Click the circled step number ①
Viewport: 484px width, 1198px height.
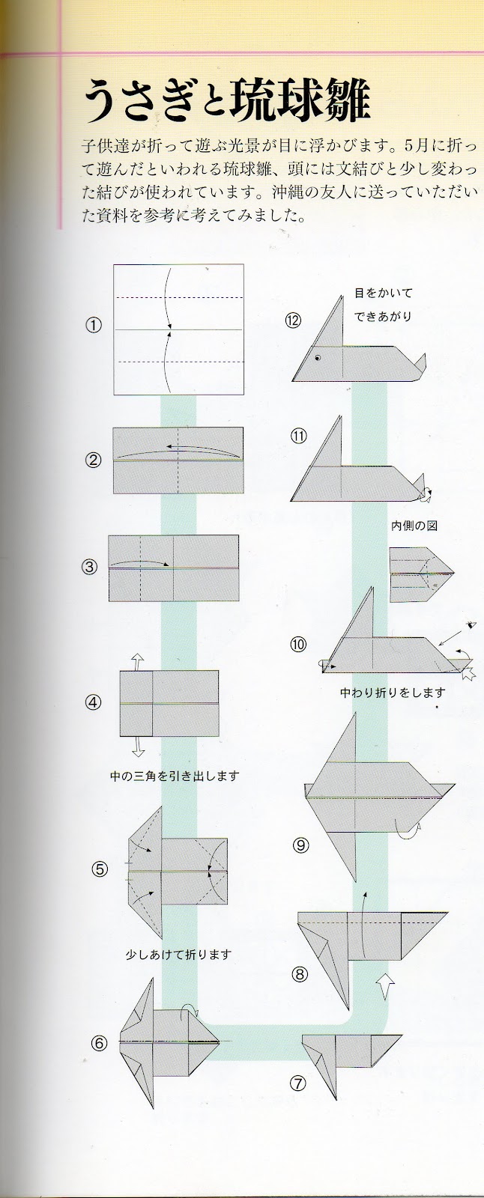(93, 326)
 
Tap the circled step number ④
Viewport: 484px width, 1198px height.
(93, 703)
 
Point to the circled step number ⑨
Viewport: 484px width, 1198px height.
(301, 845)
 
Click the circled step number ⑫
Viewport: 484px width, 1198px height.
(293, 320)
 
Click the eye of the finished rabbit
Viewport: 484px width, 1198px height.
(318, 358)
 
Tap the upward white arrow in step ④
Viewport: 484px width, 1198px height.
(138, 661)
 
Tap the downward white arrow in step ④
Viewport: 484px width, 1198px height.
(138, 746)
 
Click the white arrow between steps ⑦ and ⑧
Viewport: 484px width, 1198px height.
(386, 986)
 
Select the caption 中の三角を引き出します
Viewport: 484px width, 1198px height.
(174, 776)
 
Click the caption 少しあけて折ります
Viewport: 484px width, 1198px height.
(178, 955)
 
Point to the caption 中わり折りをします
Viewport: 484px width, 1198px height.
(392, 693)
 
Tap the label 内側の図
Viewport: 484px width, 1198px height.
(414, 526)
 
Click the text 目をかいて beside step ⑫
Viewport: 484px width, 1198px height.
(384, 293)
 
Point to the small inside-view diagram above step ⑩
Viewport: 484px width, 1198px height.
(420, 574)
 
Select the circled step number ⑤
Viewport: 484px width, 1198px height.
(100, 869)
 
